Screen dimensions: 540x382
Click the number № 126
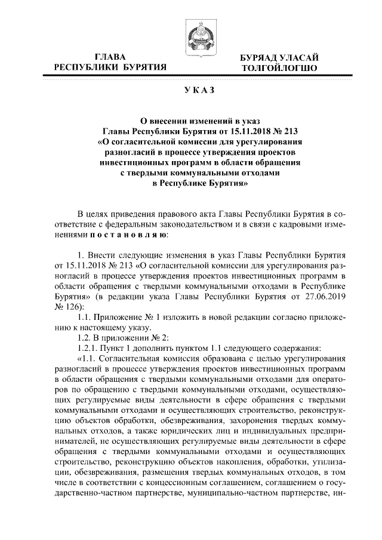pos(67,307)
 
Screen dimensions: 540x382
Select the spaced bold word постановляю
pos(129,236)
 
